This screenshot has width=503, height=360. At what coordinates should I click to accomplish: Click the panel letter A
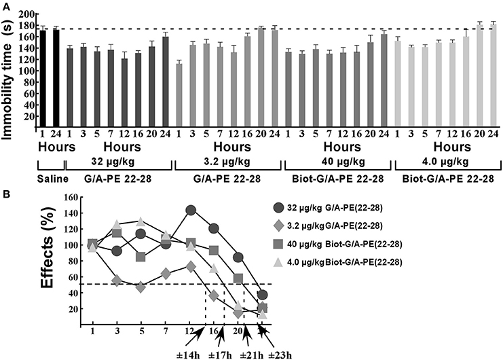point(7,6)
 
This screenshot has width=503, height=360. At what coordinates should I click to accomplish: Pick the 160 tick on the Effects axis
point(70,198)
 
